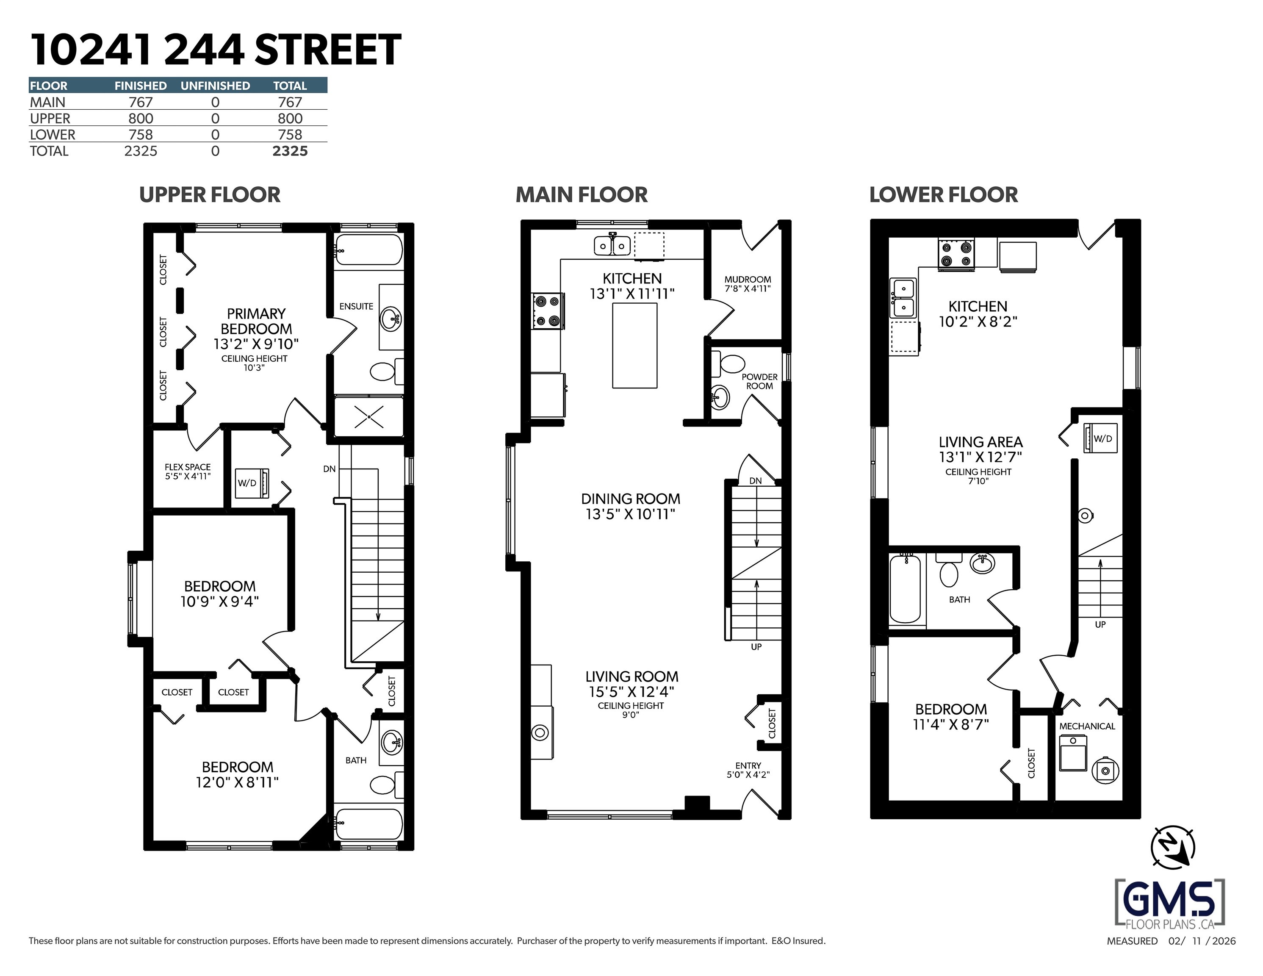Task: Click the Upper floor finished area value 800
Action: pos(141,119)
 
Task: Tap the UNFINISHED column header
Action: pos(215,86)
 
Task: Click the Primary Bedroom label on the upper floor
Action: pos(256,321)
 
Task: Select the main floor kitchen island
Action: pos(634,345)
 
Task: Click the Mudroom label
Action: pos(748,280)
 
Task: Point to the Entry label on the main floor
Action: pos(748,765)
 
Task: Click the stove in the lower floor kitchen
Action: pos(956,255)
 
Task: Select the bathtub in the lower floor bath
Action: pos(906,588)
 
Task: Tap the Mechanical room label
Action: pos(1087,726)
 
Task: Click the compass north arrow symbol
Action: pos(1173,848)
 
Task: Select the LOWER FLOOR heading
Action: pos(943,195)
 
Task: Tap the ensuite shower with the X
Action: pos(369,417)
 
